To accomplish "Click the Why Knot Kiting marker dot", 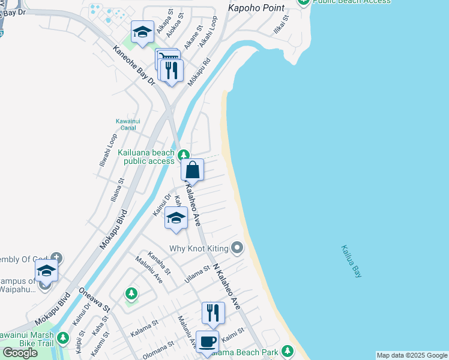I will click(x=238, y=247).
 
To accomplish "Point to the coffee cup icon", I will click(x=208, y=342).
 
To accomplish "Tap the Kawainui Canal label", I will click(x=128, y=124).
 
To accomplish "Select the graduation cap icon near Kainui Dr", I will click(x=176, y=218).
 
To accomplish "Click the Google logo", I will click(x=20, y=352).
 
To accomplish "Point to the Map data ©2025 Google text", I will click(x=411, y=355).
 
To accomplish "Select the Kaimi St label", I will click(x=233, y=331).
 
